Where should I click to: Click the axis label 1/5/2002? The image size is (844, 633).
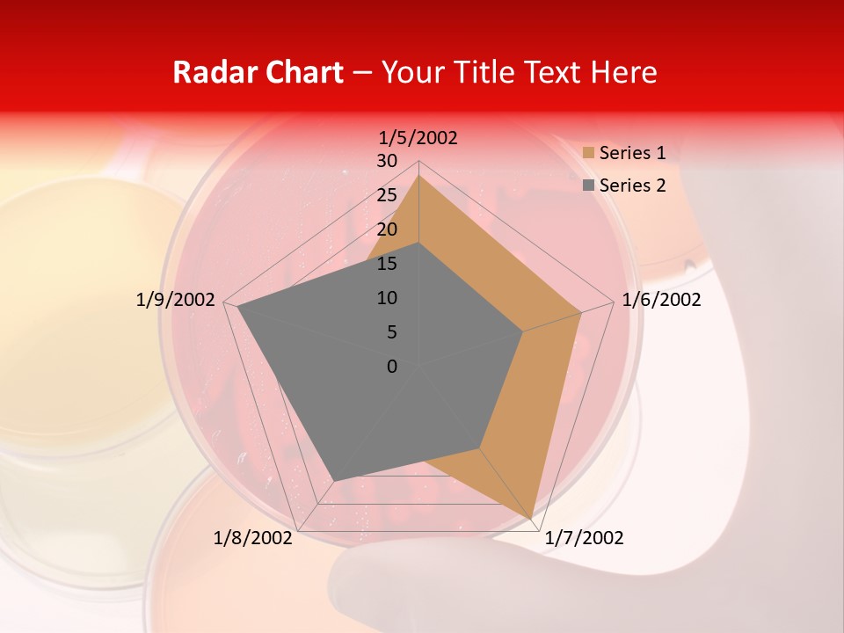click(x=418, y=138)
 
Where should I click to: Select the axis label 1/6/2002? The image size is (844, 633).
click(x=661, y=300)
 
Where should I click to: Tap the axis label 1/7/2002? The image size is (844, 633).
click(x=584, y=538)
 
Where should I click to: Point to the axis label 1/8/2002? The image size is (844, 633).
click(x=253, y=538)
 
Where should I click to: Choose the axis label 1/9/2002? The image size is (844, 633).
click(x=176, y=300)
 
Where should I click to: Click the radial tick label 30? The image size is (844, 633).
click(x=387, y=161)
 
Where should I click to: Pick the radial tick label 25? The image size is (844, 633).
click(x=387, y=195)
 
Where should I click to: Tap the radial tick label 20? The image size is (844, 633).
click(x=387, y=229)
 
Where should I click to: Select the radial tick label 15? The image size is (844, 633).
click(x=387, y=264)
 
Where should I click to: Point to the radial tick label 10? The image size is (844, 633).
click(x=387, y=298)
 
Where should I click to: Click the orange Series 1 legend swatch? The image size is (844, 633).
click(x=588, y=153)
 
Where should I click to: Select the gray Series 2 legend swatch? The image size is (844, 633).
click(x=588, y=186)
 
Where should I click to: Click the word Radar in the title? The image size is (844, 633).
click(x=214, y=72)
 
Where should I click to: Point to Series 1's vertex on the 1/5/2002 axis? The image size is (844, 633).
click(x=418, y=175)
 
